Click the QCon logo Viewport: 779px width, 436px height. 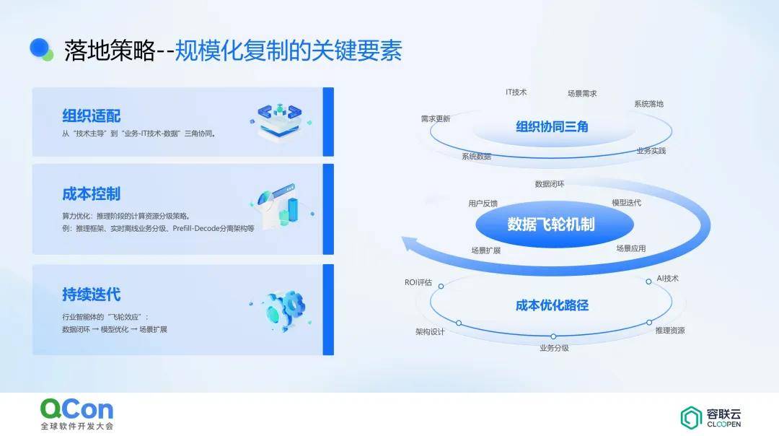point(76,414)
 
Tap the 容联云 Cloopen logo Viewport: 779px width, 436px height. point(710,418)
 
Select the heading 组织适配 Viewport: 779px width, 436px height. point(92,115)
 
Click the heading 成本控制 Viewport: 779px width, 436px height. point(92,194)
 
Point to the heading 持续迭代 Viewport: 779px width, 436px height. point(92,295)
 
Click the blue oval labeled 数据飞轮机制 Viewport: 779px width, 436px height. point(555,224)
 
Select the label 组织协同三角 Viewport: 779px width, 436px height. point(552,127)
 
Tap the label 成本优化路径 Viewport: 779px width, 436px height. point(552,305)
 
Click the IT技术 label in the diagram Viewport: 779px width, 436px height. point(516,92)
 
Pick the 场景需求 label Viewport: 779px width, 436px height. point(582,93)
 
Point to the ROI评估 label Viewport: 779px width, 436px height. point(418,282)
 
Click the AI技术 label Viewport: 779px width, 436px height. point(667,279)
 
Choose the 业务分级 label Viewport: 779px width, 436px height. point(555,348)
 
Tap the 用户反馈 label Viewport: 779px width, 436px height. point(483,204)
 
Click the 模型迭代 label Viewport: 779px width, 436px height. point(627,203)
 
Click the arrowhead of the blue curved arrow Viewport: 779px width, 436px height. point(410,243)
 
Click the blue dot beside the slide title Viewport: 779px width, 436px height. point(40,48)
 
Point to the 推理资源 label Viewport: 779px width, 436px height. point(670,330)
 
